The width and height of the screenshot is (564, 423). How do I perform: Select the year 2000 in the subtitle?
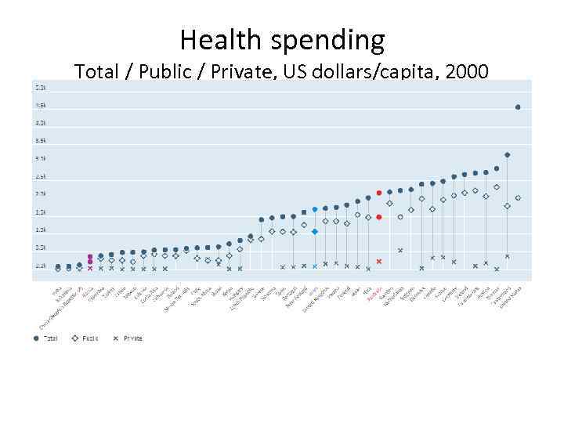pyautogui.click(x=467, y=73)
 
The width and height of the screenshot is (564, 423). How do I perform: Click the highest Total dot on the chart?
pyautogui.click(x=518, y=107)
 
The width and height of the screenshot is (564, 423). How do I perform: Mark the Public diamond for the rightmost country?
pyautogui.click(x=518, y=198)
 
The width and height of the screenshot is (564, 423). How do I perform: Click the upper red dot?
pyautogui.click(x=379, y=193)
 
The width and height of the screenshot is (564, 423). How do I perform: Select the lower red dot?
pyautogui.click(x=379, y=217)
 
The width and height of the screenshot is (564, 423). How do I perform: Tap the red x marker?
pyautogui.click(x=379, y=261)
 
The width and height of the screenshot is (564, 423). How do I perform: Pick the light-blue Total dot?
pyautogui.click(x=315, y=209)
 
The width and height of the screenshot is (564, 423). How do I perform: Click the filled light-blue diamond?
pyautogui.click(x=315, y=231)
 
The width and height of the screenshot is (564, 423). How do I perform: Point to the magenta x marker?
pyautogui.click(x=90, y=268)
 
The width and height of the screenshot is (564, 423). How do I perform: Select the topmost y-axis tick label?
pyautogui.click(x=40, y=87)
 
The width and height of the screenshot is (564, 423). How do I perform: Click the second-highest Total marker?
pyautogui.click(x=508, y=155)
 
